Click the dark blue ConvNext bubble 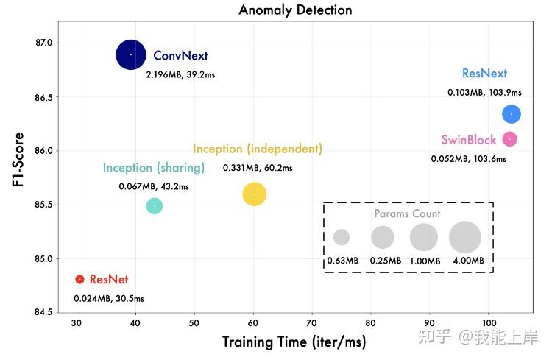pos(131,54)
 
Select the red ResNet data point pos(79,280)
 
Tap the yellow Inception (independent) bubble pos(254,194)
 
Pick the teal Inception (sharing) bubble pos(154,205)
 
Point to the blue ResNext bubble pos(512,114)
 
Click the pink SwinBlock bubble pos(509,139)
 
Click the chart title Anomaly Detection pos(295,10)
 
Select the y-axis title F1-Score pos(20,160)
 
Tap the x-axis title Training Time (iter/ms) pos(294,342)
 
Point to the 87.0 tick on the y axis pos(43,43)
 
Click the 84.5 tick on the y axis pos(43,313)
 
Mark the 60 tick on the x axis pos(253,324)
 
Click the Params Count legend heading pos(407,214)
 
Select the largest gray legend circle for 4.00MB pos(464,237)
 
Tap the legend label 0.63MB pos(343,261)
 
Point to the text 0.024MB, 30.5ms pos(109,299)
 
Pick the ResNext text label pos(484,74)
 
